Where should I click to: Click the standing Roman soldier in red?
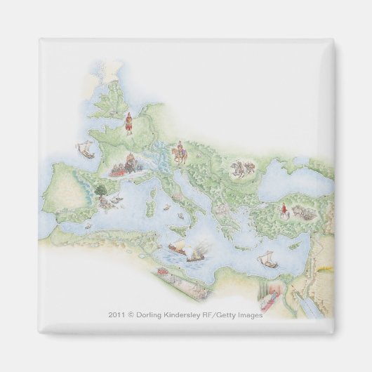coord(128,124)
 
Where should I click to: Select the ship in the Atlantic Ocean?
coord(84,148)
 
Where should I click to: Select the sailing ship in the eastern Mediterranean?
coord(267,260)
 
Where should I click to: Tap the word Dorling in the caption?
coord(153,315)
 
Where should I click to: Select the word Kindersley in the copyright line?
coord(186,315)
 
